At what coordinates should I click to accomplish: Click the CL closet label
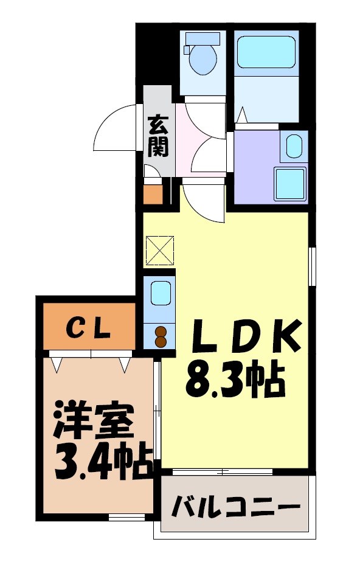(88, 330)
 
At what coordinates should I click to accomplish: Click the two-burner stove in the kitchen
(161, 336)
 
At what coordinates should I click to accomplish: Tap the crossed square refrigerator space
(160, 249)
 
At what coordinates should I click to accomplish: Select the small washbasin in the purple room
(293, 147)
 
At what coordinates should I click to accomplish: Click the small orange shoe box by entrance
(153, 194)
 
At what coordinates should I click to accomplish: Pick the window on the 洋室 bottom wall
(126, 518)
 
